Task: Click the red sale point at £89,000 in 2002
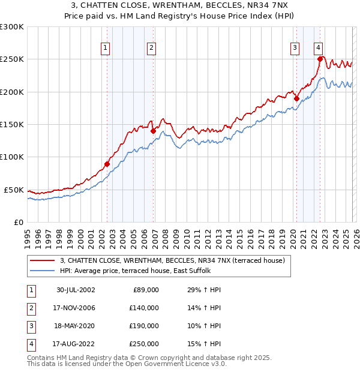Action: pyautogui.click(x=107, y=164)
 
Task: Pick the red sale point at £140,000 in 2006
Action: pyautogui.click(x=153, y=131)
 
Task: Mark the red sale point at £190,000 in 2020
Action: pyautogui.click(x=296, y=98)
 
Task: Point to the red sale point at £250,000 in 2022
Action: pyautogui.click(x=320, y=59)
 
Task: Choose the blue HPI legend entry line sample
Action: pyautogui.click(x=43, y=271)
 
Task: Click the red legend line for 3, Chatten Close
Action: pyautogui.click(x=43, y=260)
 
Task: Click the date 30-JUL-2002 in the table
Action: pyautogui.click(x=76, y=290)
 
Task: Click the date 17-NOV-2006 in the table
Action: pyautogui.click(x=76, y=307)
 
